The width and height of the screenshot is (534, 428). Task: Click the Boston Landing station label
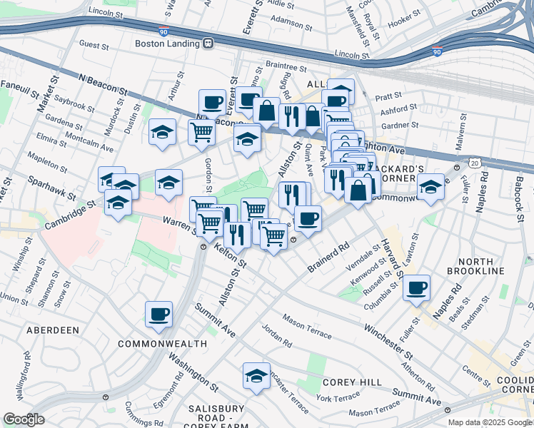(x=168, y=43)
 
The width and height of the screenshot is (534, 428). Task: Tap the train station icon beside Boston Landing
(x=208, y=43)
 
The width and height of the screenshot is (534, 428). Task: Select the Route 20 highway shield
(x=475, y=163)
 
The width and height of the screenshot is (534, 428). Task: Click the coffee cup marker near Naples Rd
(x=416, y=289)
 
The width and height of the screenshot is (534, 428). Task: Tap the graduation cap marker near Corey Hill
(x=256, y=376)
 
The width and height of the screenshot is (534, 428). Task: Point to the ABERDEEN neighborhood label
(x=52, y=330)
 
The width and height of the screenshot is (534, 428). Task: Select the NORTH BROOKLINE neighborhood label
(x=475, y=265)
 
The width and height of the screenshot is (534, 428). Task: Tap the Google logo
(x=24, y=419)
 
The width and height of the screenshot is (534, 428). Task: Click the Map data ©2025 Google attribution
(x=490, y=422)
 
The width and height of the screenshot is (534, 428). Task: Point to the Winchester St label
(x=388, y=342)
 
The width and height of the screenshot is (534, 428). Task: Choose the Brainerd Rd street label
(x=328, y=256)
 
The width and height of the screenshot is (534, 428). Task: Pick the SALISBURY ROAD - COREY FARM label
(x=213, y=415)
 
